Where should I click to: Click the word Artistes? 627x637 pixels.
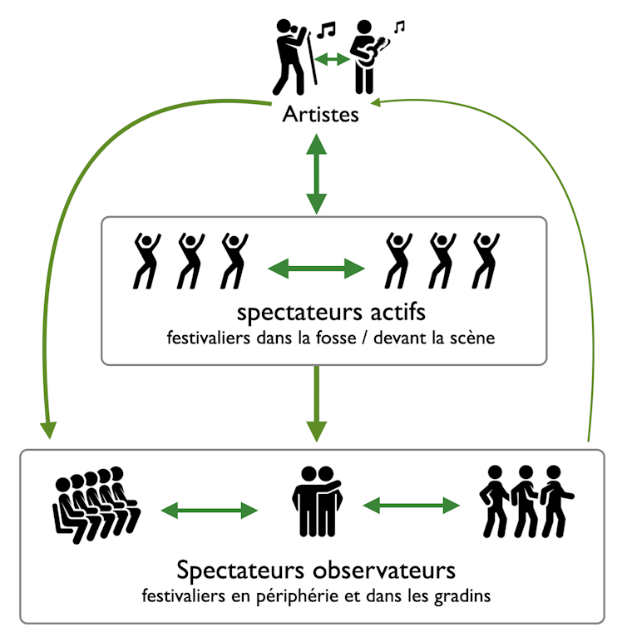click(320, 114)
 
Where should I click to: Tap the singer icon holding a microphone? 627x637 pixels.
click(294, 57)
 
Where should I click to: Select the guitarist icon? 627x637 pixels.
click(367, 57)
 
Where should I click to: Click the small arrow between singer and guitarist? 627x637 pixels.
click(331, 58)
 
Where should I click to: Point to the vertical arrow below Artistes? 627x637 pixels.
click(317, 174)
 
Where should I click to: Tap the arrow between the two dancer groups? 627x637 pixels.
click(317, 268)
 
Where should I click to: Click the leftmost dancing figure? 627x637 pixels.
click(147, 260)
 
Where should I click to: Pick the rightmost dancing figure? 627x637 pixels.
click(485, 260)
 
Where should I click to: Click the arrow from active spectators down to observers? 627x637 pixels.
click(317, 403)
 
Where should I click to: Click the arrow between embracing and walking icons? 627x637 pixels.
click(412, 504)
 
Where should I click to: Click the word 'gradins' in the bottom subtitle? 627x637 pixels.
click(458, 596)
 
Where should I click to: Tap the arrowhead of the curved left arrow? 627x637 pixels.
click(49, 429)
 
